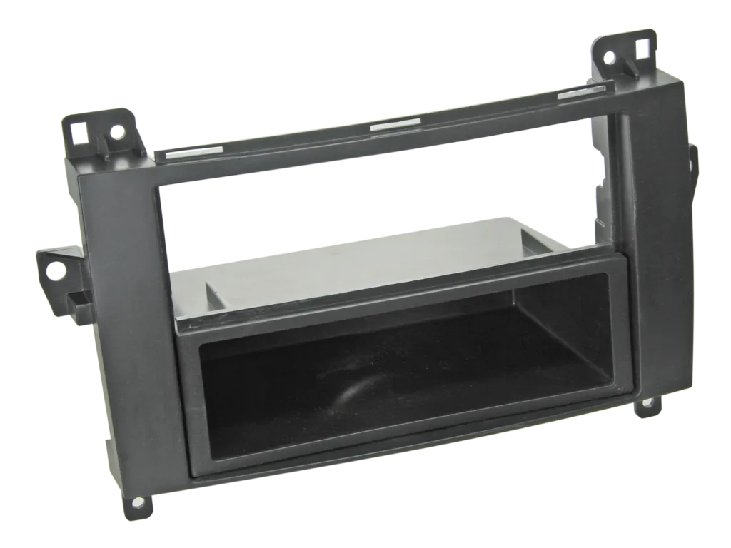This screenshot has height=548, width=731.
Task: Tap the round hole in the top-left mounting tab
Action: pyautogui.click(x=114, y=131)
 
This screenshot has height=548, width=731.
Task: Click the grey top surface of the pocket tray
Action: pyautogui.click(x=357, y=264)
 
